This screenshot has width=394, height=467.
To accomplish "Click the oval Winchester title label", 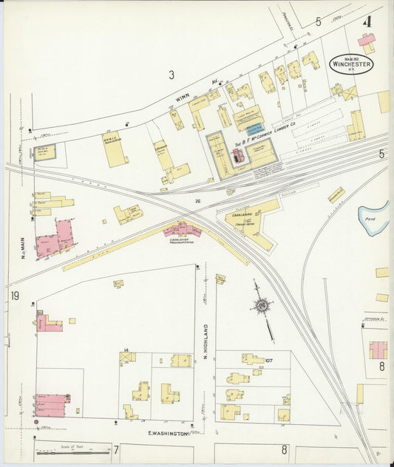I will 351,64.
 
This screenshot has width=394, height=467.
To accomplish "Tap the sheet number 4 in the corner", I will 366,21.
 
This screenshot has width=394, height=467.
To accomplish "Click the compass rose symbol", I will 262,304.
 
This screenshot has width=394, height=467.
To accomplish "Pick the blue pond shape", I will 373,215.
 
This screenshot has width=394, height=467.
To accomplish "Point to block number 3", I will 171,74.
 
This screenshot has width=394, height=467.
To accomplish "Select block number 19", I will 15,297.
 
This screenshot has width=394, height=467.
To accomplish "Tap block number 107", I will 269,361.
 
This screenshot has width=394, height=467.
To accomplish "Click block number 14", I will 126,350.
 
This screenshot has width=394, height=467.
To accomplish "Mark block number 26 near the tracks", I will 198,200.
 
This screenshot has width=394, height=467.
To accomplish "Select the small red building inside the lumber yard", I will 237,156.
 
